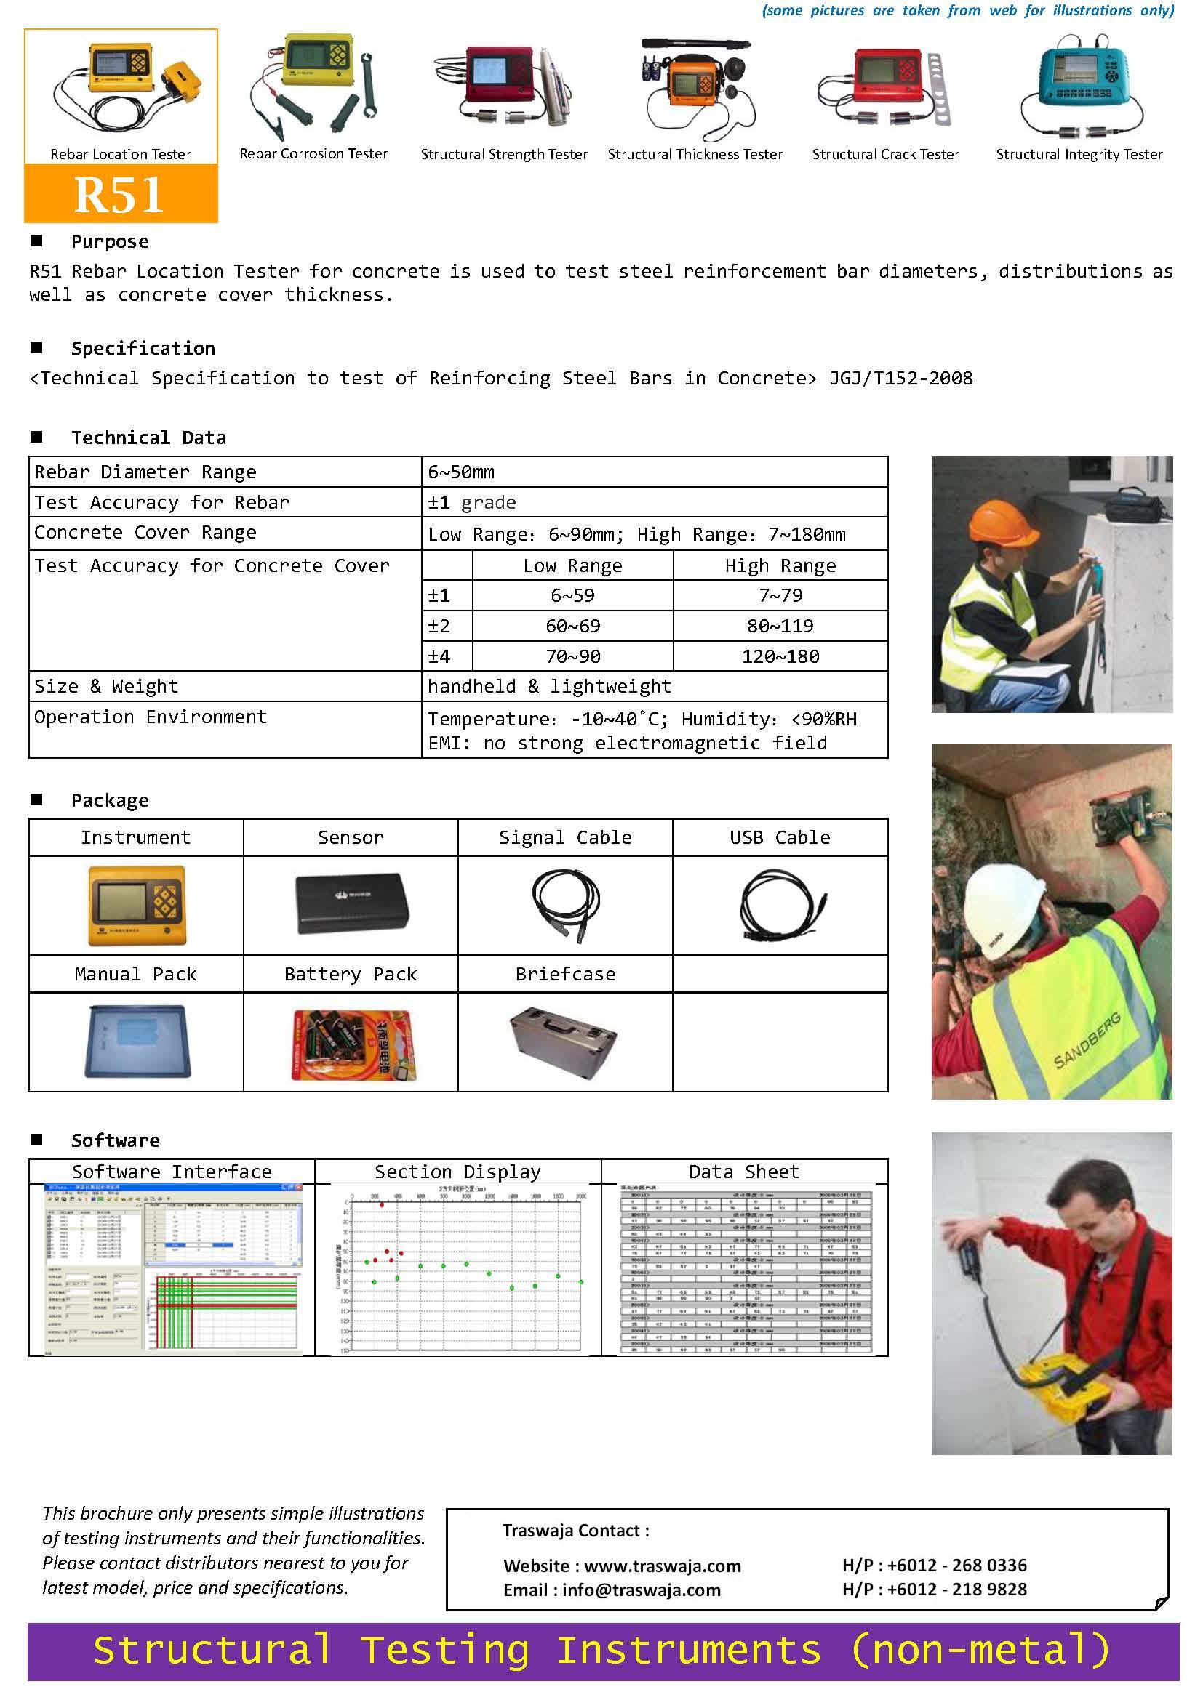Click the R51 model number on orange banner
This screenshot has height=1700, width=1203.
tap(119, 195)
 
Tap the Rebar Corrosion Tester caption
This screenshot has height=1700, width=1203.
tap(313, 154)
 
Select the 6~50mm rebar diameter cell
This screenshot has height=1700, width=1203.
tap(460, 472)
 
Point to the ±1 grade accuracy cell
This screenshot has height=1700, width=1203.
tap(472, 503)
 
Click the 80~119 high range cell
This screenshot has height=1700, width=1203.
tap(780, 626)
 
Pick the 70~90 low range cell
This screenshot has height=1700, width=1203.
tap(572, 656)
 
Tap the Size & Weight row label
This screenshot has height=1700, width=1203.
tap(107, 686)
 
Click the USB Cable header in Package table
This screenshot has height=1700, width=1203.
tap(780, 837)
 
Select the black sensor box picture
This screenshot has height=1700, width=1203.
tap(351, 904)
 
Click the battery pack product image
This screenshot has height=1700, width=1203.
tap(353, 1042)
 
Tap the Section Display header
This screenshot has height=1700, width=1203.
tap(457, 1172)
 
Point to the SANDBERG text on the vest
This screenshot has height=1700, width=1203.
tap(1087, 1040)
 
